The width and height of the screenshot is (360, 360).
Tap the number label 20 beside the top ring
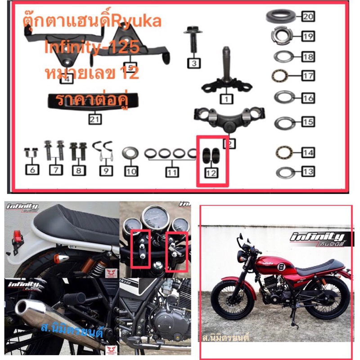pos(308,17)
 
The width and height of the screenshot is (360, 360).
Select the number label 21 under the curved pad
pos(95,119)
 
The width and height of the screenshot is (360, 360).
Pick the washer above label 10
pos(130,152)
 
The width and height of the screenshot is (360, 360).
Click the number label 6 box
pos(33,170)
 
